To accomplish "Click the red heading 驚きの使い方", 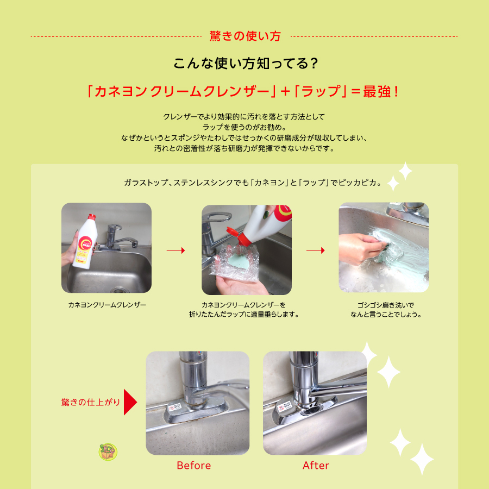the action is click(x=245, y=36).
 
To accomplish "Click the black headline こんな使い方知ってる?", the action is click(x=246, y=64).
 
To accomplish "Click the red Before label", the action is click(x=193, y=465).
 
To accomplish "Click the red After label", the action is click(x=316, y=465).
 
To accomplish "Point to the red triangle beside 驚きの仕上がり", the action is click(x=130, y=402).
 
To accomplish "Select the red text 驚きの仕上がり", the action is click(x=90, y=402).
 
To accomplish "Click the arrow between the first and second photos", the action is click(x=175, y=250).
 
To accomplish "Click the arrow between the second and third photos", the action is click(x=315, y=250).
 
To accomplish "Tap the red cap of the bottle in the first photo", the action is click(x=91, y=216).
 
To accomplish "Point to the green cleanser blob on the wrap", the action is click(x=239, y=258).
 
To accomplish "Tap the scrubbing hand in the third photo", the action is click(x=361, y=248).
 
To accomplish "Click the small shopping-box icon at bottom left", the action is click(x=108, y=452).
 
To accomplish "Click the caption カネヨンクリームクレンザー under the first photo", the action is click(x=107, y=305).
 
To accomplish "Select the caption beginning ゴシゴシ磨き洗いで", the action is click(x=386, y=309).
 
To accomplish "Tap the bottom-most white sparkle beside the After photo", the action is click(x=422, y=459).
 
